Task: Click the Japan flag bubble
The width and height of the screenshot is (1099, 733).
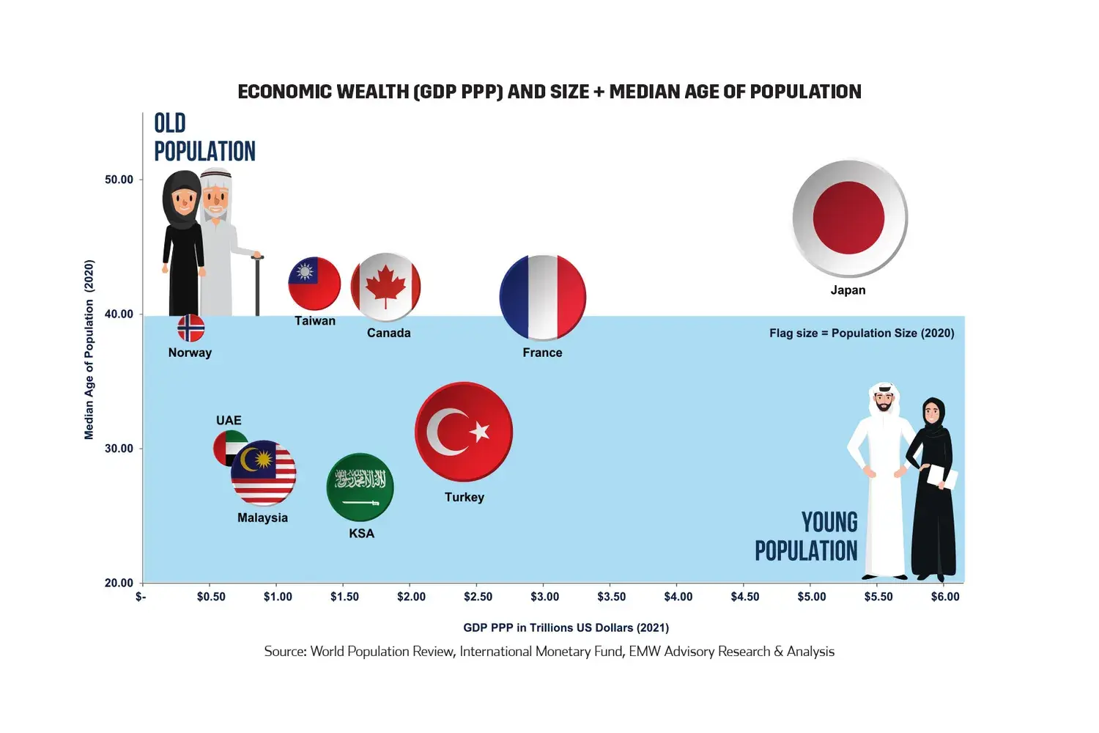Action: pyautogui.click(x=849, y=218)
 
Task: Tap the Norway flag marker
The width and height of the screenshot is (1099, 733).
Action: pyautogui.click(x=191, y=328)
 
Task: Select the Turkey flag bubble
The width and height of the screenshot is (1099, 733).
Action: pyautogui.click(x=463, y=432)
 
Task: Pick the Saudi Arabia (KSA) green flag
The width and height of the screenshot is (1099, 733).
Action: pyautogui.click(x=360, y=487)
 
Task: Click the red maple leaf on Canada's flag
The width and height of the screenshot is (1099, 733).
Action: pyautogui.click(x=385, y=287)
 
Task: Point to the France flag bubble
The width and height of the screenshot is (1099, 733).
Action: pyautogui.click(x=543, y=298)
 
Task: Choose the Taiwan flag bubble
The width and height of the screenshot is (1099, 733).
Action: pyautogui.click(x=314, y=284)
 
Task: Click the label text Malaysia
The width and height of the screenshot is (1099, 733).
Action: pyautogui.click(x=262, y=517)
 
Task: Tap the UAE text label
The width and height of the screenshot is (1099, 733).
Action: pyautogui.click(x=229, y=420)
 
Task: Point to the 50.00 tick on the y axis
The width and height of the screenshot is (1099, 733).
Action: pyautogui.click(x=119, y=180)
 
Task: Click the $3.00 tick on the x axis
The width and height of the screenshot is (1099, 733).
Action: pyautogui.click(x=544, y=597)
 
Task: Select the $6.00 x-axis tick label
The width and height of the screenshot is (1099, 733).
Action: pyautogui.click(x=945, y=597)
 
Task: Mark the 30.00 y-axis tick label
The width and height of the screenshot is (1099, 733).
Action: pyautogui.click(x=119, y=449)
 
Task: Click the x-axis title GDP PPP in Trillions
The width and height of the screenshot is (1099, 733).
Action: pyautogui.click(x=566, y=627)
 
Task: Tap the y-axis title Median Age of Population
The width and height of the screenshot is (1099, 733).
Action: pyautogui.click(x=89, y=350)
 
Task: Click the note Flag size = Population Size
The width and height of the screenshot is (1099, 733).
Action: pyautogui.click(x=862, y=333)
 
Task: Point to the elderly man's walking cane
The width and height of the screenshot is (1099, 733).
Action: pyautogui.click(x=257, y=286)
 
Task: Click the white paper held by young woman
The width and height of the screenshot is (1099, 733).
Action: pyautogui.click(x=941, y=476)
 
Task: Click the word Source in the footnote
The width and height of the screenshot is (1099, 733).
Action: pyautogui.click(x=284, y=652)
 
